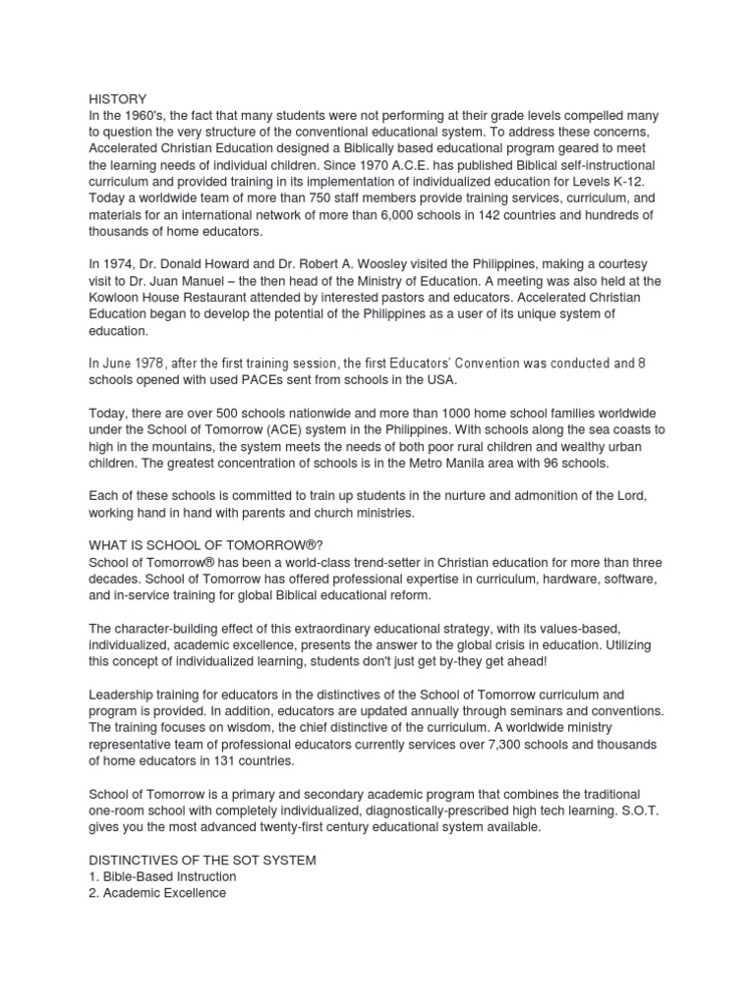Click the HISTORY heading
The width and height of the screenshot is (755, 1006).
pyautogui.click(x=117, y=99)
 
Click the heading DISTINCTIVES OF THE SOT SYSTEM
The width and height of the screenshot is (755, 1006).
pyautogui.click(x=203, y=860)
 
